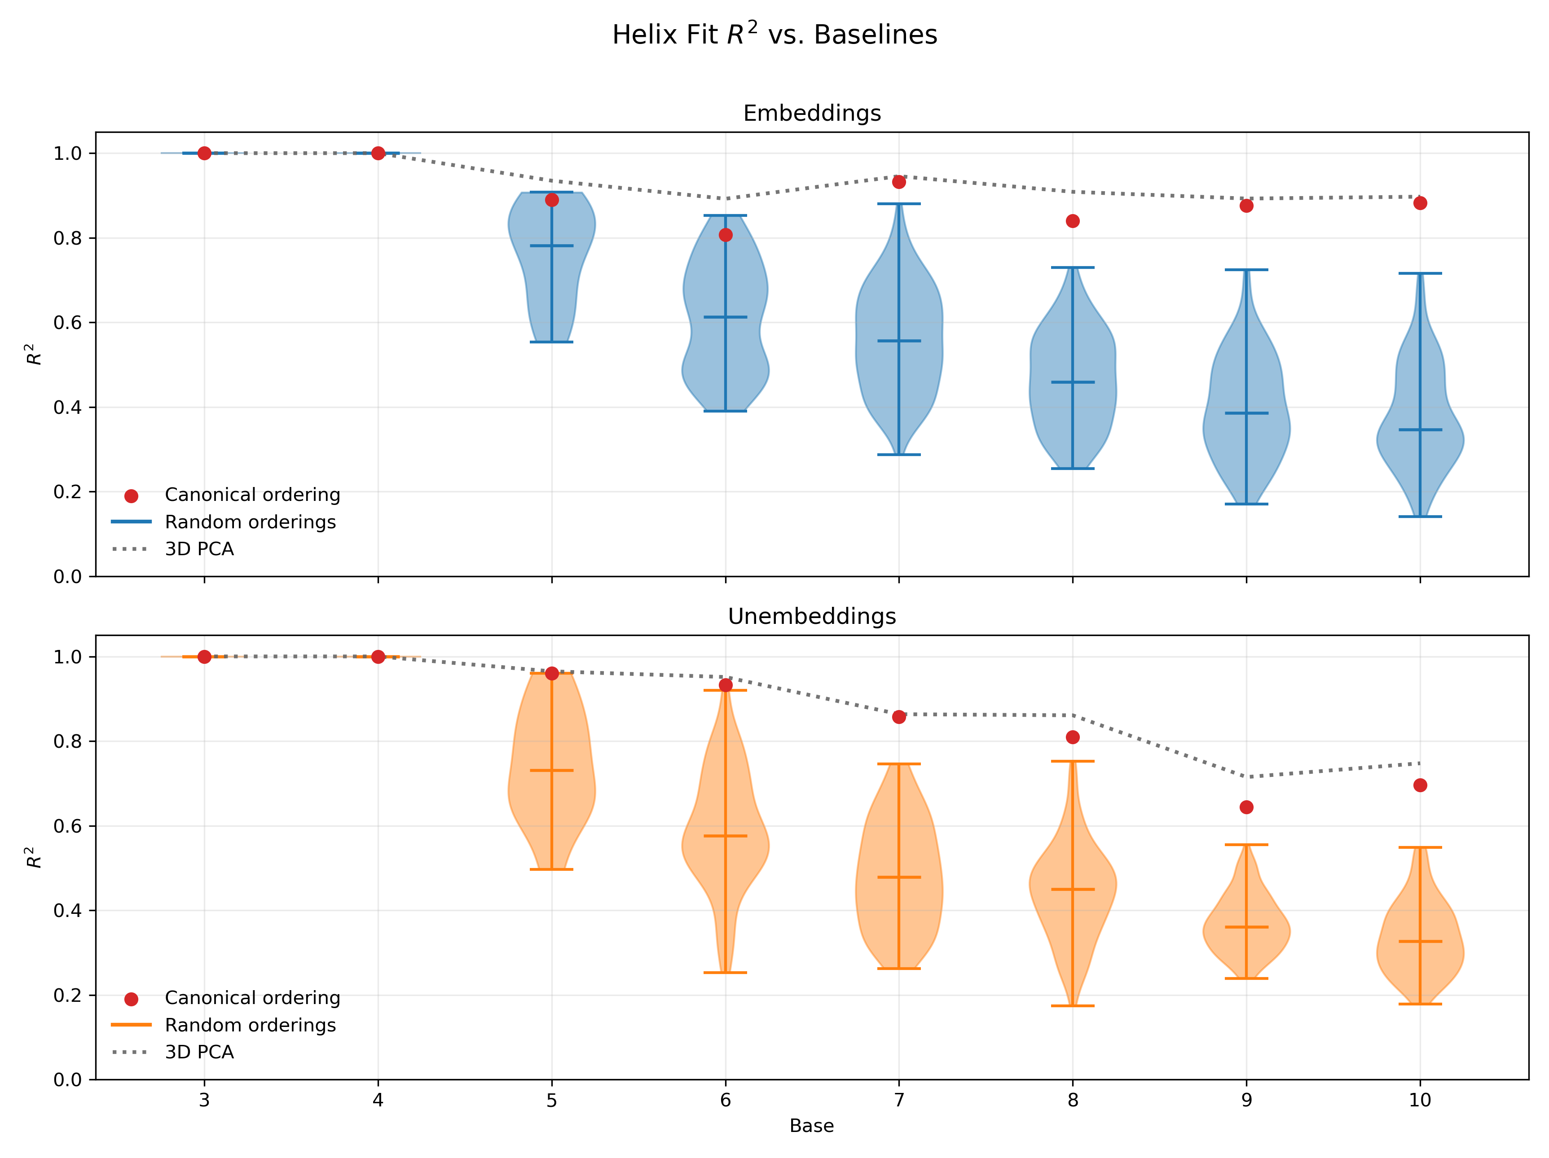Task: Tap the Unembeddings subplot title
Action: (x=812, y=616)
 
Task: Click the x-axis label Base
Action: (x=812, y=1126)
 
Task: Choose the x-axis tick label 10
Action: (x=1419, y=1100)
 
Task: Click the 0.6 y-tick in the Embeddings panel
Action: (x=67, y=323)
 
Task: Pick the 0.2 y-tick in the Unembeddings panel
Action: (x=67, y=995)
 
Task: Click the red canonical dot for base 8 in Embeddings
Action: (x=1072, y=221)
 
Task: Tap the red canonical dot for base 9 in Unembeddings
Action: (x=1246, y=807)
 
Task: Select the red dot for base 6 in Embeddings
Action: (x=726, y=235)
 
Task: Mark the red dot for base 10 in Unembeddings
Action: (x=1419, y=785)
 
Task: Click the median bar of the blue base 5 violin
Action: (x=552, y=246)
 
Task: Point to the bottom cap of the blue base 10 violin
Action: (x=1419, y=517)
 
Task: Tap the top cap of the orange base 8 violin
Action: (x=1072, y=761)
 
